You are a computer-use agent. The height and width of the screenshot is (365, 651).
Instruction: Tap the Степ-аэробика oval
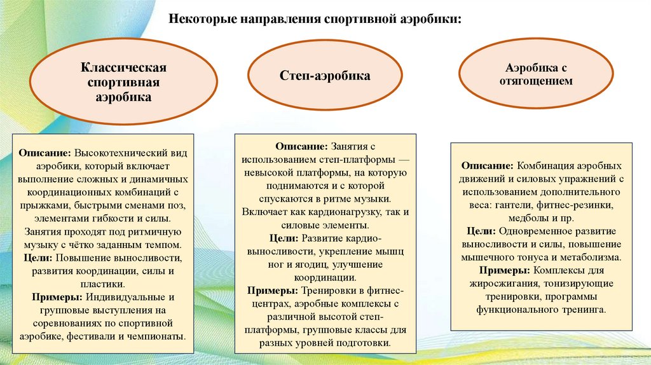click(325, 76)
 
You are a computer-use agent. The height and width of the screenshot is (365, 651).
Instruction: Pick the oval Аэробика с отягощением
click(535, 74)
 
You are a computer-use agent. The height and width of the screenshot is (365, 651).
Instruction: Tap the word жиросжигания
click(494, 284)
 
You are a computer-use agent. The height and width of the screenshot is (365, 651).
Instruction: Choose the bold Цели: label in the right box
click(481, 231)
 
